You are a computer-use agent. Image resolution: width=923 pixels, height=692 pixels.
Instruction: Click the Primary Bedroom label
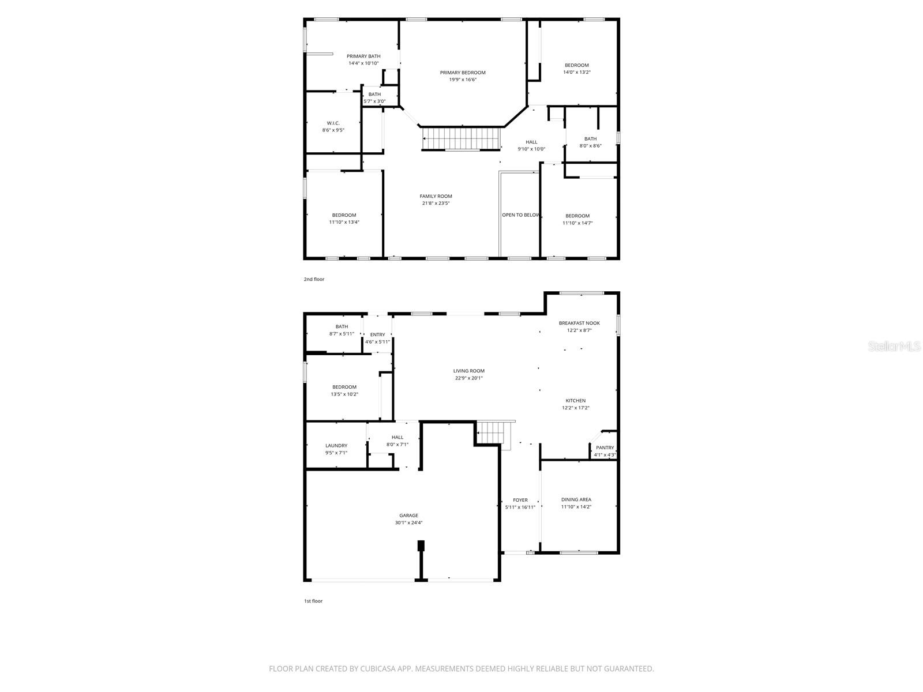click(463, 73)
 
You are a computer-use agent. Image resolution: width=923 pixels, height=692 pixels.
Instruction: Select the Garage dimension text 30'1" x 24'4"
click(408, 523)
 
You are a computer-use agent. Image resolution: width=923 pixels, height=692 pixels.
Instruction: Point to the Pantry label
click(605, 447)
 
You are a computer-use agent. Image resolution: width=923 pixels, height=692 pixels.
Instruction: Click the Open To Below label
click(520, 215)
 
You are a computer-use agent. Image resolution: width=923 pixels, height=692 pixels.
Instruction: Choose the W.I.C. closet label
click(333, 123)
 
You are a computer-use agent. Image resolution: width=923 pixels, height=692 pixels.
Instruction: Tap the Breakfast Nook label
click(579, 323)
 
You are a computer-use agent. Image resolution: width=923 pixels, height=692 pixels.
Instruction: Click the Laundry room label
click(336, 445)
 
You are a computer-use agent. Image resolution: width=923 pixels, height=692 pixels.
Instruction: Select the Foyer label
click(520, 500)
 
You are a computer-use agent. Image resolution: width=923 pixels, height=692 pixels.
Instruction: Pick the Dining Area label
click(576, 499)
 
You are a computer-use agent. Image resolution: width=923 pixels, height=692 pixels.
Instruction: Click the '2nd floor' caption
click(314, 279)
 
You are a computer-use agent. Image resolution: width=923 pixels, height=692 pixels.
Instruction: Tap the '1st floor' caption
click(313, 601)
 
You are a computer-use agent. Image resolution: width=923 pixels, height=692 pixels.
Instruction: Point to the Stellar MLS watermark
click(895, 346)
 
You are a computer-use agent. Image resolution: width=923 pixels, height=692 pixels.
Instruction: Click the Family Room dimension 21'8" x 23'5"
click(436, 203)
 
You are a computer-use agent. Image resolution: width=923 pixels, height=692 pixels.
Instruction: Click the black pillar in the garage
click(421, 546)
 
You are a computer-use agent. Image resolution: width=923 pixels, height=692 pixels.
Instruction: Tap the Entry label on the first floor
click(377, 334)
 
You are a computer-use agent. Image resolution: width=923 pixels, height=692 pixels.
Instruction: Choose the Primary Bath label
click(363, 56)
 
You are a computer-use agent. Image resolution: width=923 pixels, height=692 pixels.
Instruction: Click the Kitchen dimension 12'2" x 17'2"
click(576, 408)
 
